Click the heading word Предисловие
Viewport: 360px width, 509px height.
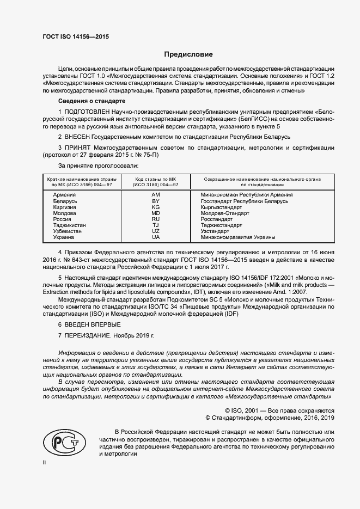click(x=189, y=54)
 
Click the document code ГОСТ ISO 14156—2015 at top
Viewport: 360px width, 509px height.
click(x=76, y=36)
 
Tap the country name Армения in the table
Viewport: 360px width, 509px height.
click(x=64, y=194)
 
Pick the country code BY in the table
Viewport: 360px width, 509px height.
click(x=156, y=201)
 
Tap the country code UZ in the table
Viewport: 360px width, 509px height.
click(x=156, y=231)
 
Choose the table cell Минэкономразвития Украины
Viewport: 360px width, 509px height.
click(x=238, y=237)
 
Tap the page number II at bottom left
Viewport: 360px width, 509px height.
click(x=44, y=463)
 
